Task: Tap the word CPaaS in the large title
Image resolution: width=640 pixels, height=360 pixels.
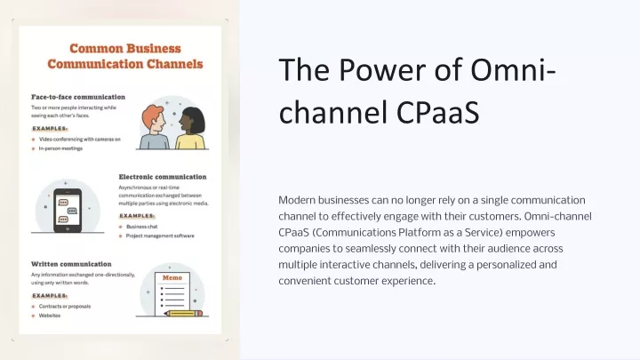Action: click(437, 113)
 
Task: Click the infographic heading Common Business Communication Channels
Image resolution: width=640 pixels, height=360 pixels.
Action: click(125, 56)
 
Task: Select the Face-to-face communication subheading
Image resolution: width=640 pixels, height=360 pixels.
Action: click(78, 97)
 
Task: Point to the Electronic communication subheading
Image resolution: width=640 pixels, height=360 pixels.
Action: click(163, 177)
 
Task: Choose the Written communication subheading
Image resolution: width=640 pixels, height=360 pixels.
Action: click(71, 264)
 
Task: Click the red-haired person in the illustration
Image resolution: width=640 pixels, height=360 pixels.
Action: click(155, 127)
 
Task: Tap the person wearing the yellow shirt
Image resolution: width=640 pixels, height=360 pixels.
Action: click(190, 128)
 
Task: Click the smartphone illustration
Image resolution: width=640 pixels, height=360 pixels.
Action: click(68, 210)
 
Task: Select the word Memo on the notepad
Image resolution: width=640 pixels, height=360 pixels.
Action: click(172, 277)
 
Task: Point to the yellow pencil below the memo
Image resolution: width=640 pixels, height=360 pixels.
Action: click(183, 314)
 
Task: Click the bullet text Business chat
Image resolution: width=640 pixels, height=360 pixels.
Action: click(141, 227)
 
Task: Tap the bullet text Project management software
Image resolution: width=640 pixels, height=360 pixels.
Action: click(160, 236)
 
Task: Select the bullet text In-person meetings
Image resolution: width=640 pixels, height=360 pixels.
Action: click(60, 148)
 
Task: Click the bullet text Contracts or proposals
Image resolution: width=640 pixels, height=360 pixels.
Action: click(65, 306)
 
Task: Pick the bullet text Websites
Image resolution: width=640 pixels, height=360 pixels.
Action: click(50, 316)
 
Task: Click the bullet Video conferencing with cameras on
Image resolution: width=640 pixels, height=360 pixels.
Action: click(80, 140)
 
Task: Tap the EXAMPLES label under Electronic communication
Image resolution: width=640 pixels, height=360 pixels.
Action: click(137, 216)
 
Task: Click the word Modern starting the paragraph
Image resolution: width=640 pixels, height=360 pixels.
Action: click(297, 200)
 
